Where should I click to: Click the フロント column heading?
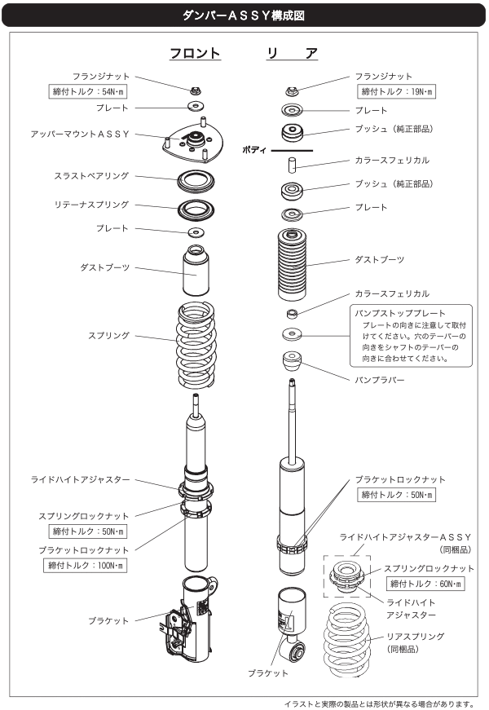[195, 54]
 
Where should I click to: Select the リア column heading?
[292, 54]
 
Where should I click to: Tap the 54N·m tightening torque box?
[87, 91]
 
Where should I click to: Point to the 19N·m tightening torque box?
[398, 91]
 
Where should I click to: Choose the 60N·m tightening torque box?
[425, 584]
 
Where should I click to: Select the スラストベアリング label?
[92, 175]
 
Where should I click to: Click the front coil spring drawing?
[196, 346]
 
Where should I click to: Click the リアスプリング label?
[415, 636]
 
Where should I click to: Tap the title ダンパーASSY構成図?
[244, 14]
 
